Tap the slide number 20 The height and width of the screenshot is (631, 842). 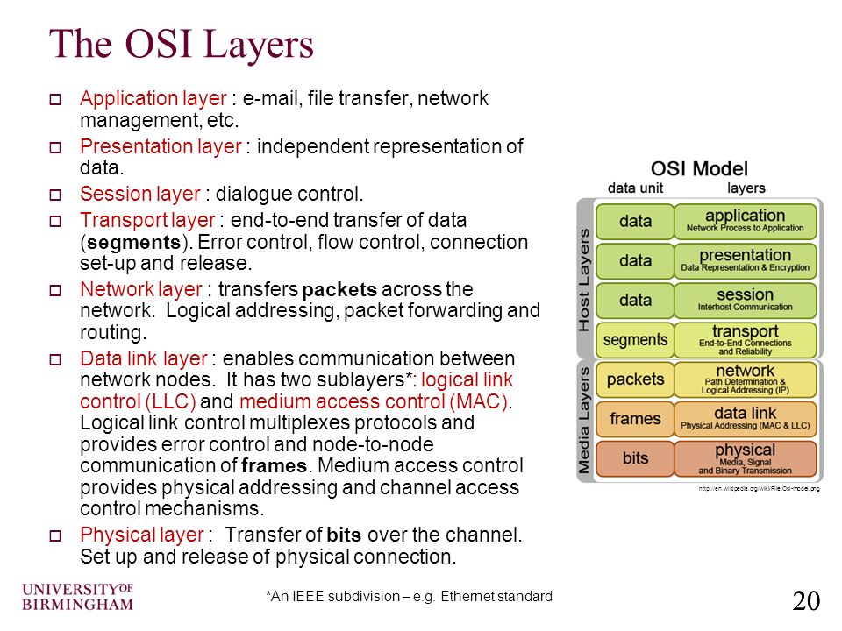tap(806, 600)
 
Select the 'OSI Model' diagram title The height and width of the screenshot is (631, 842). tap(699, 168)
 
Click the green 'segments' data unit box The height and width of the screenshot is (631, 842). tap(635, 340)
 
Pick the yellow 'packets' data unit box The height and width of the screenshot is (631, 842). tap(635, 379)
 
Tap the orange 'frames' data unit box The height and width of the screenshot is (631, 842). tap(635, 419)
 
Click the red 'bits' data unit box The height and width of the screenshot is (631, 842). tap(635, 458)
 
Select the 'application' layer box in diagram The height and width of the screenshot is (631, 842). tap(746, 221)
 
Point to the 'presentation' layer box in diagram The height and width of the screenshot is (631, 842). tap(746, 260)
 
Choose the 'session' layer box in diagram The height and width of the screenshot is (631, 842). tap(746, 300)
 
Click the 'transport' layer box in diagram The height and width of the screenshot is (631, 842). tap(746, 339)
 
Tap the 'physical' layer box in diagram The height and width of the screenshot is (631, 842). tap(746, 458)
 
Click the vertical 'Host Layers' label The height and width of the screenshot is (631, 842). tap(585, 278)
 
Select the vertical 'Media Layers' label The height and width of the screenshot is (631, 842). tap(585, 419)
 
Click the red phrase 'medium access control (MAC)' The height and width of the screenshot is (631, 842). tap(374, 402)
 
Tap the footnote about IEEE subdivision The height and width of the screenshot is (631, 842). tap(409, 597)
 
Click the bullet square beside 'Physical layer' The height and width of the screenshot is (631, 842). tap(54, 536)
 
